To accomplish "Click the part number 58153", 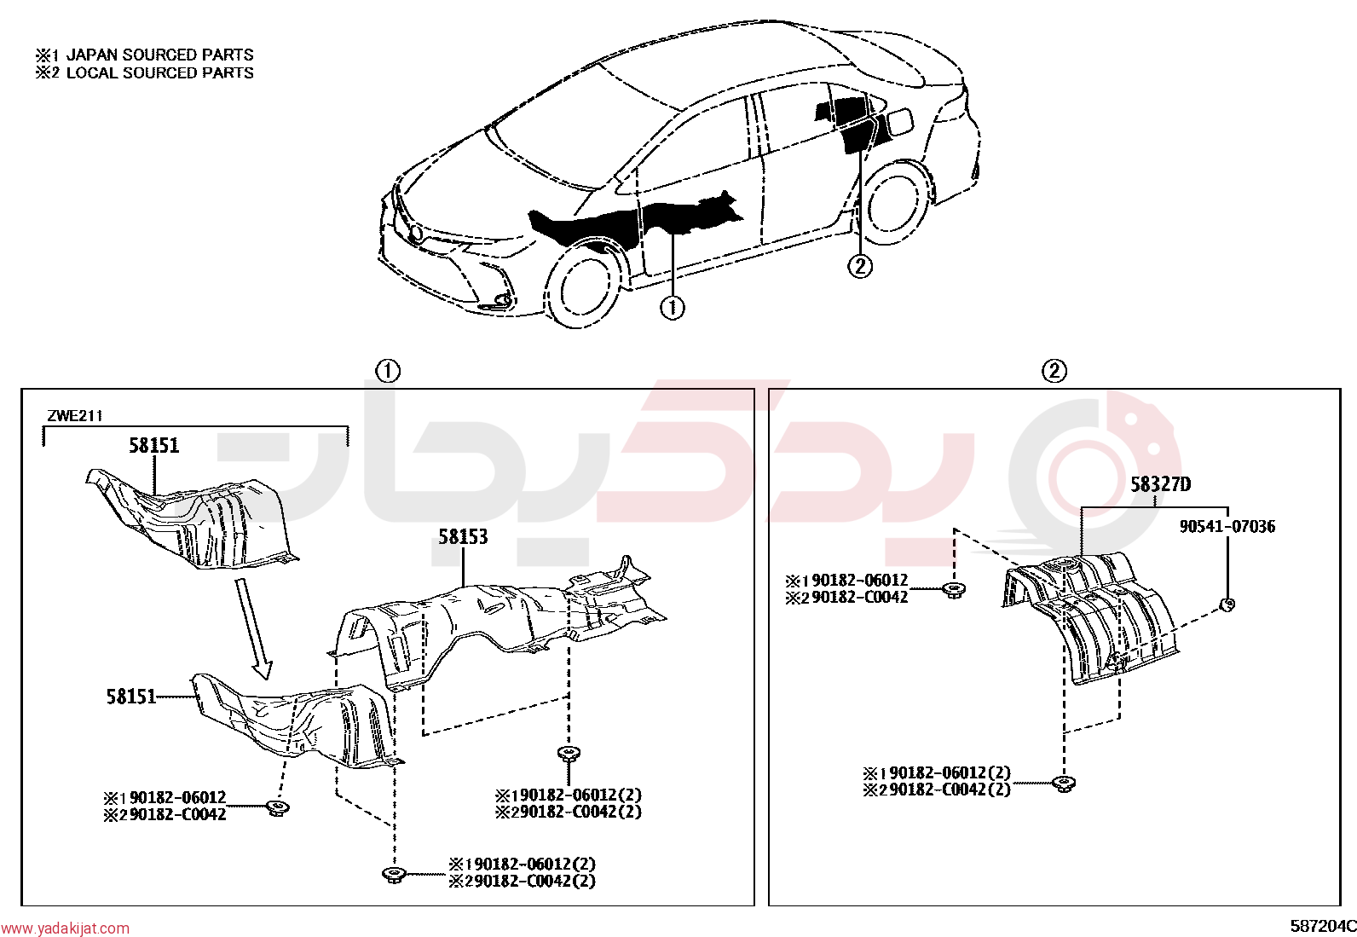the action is (463, 537).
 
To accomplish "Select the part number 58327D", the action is (1161, 484).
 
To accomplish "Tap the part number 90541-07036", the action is (1227, 526).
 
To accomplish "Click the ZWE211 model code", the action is (74, 416).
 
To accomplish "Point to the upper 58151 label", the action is (154, 446).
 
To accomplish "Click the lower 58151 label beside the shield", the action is (131, 697).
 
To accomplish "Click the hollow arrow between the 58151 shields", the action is (253, 628).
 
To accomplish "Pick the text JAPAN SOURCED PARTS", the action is (160, 55).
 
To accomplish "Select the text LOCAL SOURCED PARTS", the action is (160, 72).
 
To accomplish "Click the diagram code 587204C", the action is (1322, 926).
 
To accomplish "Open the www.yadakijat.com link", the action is (65, 928).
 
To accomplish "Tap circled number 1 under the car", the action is (672, 308).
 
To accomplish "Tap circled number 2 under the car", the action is (860, 266).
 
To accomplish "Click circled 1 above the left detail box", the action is (388, 371).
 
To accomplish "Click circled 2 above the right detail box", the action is (1054, 371).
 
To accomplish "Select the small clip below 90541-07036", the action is (1227, 604).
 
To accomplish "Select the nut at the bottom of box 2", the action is (1063, 784).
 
